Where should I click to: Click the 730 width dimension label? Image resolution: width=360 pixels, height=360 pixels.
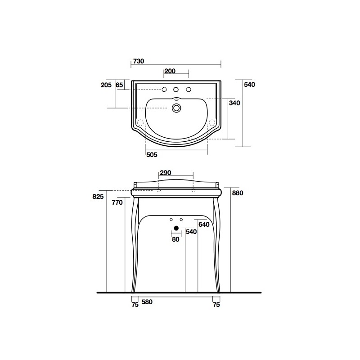[139, 61]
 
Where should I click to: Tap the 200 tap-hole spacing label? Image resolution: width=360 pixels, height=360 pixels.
[170, 71]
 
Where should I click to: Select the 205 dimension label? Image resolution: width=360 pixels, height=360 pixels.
[106, 85]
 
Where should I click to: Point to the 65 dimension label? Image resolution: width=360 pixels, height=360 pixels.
[119, 85]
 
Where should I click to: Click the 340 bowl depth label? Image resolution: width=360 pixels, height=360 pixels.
[234, 103]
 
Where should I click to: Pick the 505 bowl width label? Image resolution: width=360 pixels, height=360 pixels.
[152, 155]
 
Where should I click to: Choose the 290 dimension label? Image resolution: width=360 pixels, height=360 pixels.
[166, 173]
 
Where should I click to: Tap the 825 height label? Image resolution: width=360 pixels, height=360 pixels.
[98, 197]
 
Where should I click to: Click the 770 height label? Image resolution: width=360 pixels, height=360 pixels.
[117, 202]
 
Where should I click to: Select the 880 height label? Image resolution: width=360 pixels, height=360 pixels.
[238, 193]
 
